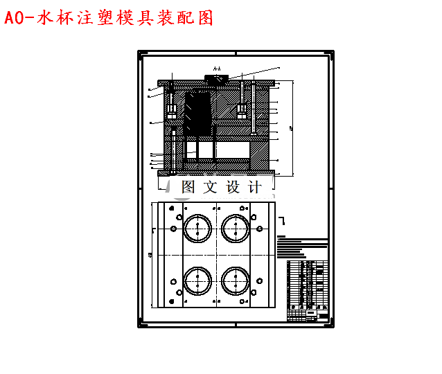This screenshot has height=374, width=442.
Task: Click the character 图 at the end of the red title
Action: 204,17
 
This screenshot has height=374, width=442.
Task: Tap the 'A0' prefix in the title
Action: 15,17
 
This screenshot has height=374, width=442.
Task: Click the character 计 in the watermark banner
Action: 254,186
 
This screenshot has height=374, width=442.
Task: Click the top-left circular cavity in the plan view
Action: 197,226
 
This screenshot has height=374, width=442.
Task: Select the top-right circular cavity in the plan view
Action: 236,226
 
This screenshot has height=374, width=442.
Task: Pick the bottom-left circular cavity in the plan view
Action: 197,280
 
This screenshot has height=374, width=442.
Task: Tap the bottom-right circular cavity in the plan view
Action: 236,280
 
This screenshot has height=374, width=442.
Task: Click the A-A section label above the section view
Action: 216,69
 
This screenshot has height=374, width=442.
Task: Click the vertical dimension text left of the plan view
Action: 152,255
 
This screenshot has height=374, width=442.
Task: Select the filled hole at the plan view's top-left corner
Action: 172,206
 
